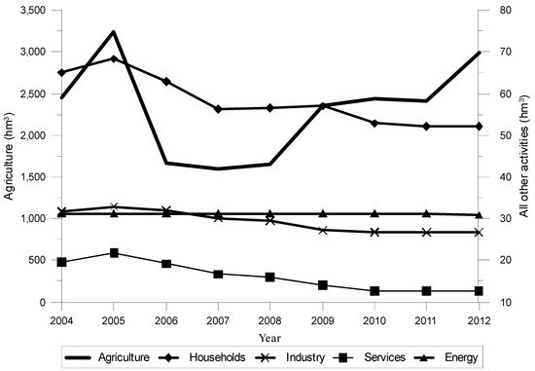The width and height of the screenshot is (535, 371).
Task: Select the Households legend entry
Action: coord(223,357)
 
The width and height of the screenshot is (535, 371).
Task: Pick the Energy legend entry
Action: coord(479,357)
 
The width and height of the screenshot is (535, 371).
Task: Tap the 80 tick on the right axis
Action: coord(499,10)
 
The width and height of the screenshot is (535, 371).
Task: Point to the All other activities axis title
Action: coord(524,156)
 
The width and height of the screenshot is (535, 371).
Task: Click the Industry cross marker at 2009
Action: coord(325,230)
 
